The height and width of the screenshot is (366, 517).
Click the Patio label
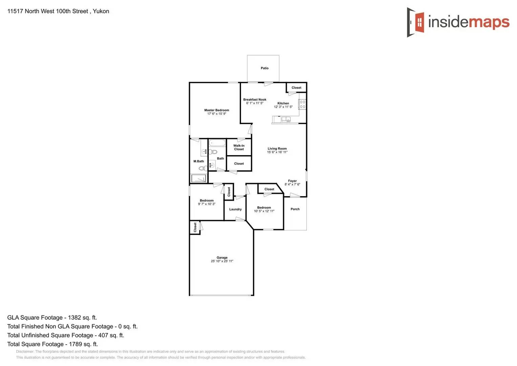tap(264, 68)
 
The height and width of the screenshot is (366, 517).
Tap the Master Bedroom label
tap(217, 110)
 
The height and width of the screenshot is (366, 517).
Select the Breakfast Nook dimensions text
tap(255, 103)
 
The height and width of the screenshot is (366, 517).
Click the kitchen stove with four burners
tap(302, 104)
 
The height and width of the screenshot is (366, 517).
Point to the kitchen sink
tap(286, 119)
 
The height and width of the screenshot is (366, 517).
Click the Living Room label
tap(277, 148)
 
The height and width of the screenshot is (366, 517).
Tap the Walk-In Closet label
tap(239, 147)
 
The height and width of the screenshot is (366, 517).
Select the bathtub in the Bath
tap(217, 143)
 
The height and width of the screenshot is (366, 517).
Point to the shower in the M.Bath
tap(198, 178)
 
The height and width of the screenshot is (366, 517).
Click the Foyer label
tap(292, 181)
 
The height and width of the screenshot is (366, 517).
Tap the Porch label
tap(295, 209)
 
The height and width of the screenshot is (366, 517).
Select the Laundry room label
tap(235, 209)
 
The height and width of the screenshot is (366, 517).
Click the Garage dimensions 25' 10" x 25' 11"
tap(222, 261)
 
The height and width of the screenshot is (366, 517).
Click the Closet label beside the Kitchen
tap(296, 88)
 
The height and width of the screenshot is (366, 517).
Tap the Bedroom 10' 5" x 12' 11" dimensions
tap(264, 211)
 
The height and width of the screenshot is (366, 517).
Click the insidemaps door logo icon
tap(416, 22)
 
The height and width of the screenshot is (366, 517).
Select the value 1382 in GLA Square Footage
tap(74, 318)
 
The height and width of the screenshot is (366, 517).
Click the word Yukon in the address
tap(101, 11)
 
